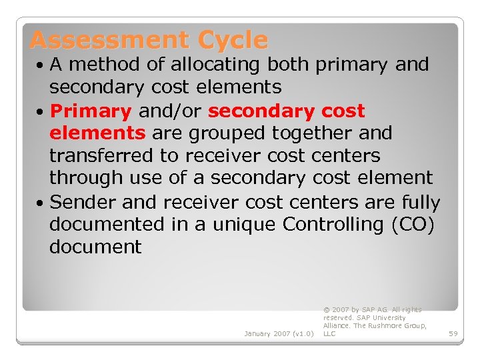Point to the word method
click(102, 65)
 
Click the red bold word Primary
click(91, 111)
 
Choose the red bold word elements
click(97, 133)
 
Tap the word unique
click(243, 224)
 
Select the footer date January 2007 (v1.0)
click(279, 333)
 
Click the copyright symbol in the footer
click(326, 310)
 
